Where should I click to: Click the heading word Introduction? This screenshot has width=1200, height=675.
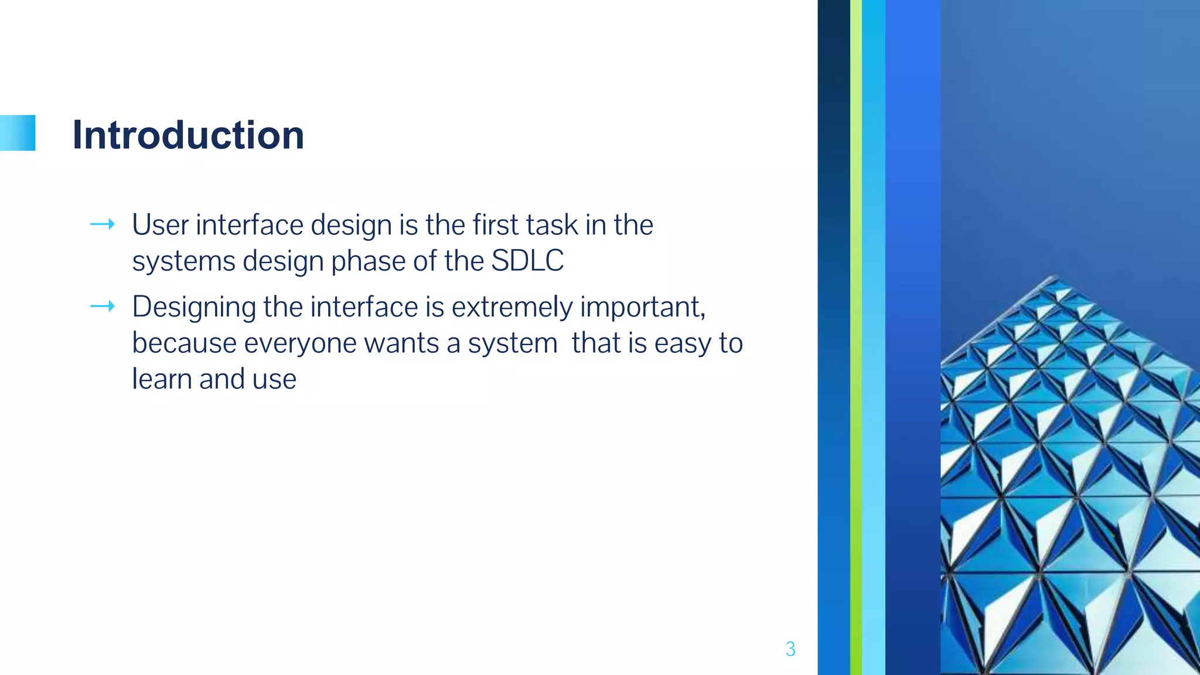pos(188,135)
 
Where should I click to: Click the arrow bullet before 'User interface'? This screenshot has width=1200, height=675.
pos(103,224)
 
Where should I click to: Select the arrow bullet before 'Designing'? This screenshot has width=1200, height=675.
pos(103,306)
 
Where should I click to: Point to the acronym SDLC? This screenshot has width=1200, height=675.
pos(527,261)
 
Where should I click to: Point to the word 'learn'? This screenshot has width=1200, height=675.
pos(161,379)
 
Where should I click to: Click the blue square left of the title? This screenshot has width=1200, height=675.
pos(18,133)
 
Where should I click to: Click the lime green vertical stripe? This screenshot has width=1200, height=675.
pos(855,337)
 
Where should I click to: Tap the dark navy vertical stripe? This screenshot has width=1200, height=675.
pos(833,337)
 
